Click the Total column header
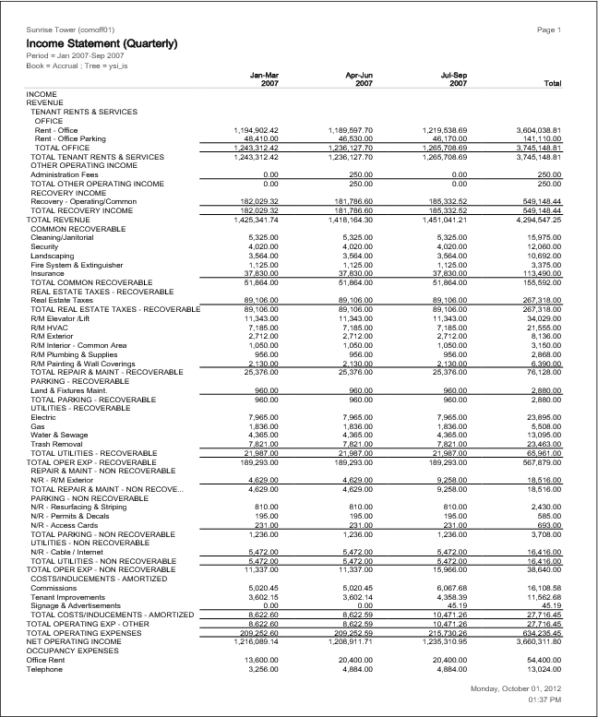553,83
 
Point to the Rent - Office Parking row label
69,137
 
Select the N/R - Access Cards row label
65,525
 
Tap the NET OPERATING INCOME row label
72,639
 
